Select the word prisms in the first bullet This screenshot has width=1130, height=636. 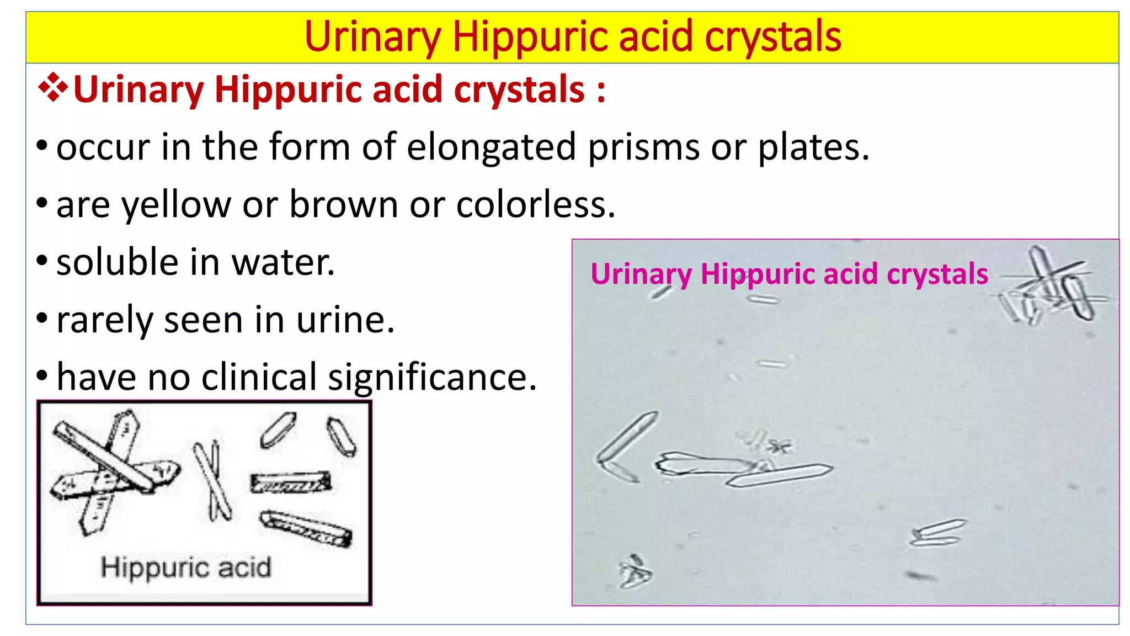click(643, 148)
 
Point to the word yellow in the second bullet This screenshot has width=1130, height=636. click(176, 205)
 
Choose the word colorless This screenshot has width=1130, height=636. click(535, 205)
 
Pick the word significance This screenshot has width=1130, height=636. click(432, 378)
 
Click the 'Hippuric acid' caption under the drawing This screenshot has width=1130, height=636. click(186, 568)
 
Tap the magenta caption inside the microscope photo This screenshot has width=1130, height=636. click(789, 274)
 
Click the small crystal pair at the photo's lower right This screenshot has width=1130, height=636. click(938, 533)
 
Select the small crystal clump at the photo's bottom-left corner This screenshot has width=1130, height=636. click(635, 572)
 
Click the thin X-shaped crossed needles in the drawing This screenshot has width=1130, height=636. click(213, 480)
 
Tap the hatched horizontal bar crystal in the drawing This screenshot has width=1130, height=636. click(291, 483)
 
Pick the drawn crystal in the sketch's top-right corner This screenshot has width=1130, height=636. click(342, 436)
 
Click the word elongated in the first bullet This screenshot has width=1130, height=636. click(491, 148)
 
